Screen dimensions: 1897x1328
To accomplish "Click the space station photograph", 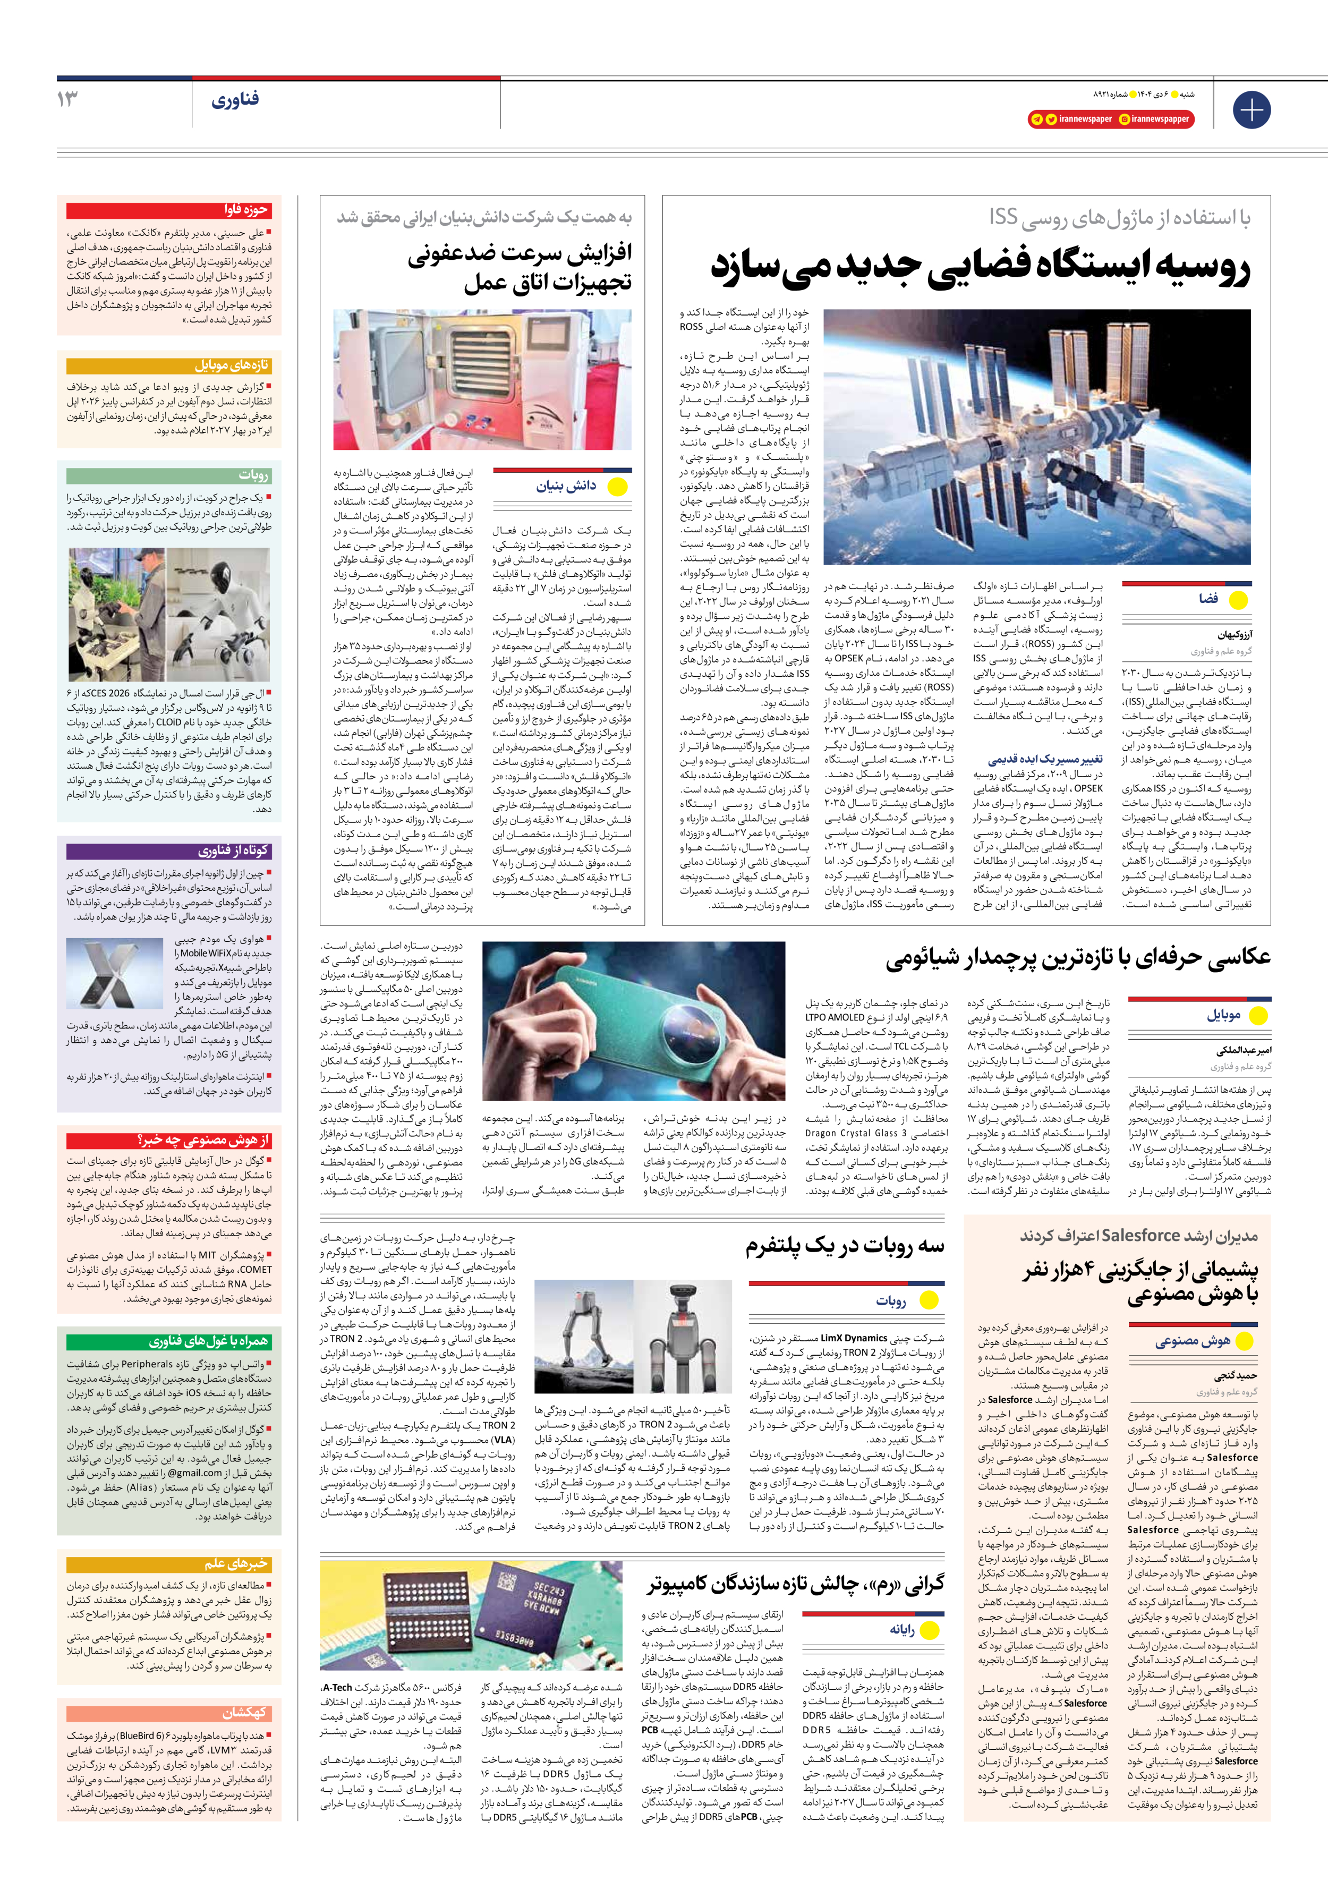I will click(x=1036, y=436).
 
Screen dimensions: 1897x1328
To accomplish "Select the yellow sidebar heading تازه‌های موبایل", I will click(x=232, y=364).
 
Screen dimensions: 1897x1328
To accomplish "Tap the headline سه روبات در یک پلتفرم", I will click(x=845, y=1246).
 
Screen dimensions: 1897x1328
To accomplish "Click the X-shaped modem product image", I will click(x=113, y=974).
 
